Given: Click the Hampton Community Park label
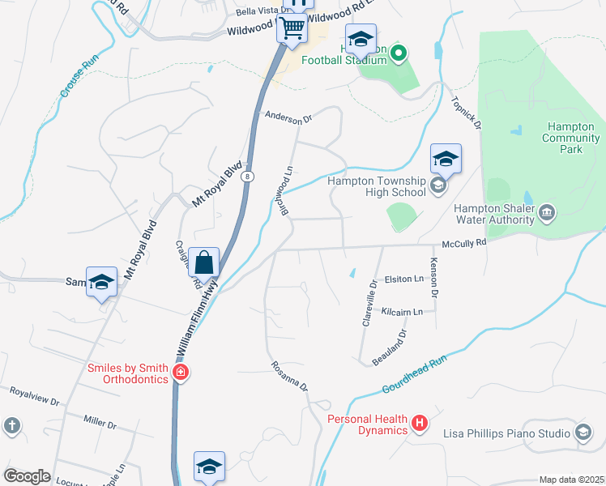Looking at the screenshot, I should [x=571, y=138].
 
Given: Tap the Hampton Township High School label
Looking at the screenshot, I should [x=376, y=186].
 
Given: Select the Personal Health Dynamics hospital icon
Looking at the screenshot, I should [x=419, y=422].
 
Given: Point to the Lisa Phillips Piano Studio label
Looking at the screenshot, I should [x=506, y=433].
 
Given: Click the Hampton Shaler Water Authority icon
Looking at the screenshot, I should [x=547, y=212].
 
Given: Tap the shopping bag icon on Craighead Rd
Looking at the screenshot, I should [x=205, y=262].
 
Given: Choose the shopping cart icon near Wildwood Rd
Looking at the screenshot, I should [x=292, y=30].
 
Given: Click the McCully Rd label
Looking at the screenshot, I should [x=463, y=243].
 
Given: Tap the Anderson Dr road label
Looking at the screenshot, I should [x=288, y=118].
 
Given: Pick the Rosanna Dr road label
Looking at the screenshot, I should [x=290, y=376].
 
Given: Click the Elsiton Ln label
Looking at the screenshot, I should [x=403, y=279].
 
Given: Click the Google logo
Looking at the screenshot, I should [x=28, y=476].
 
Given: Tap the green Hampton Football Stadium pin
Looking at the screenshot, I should [x=398, y=54].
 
